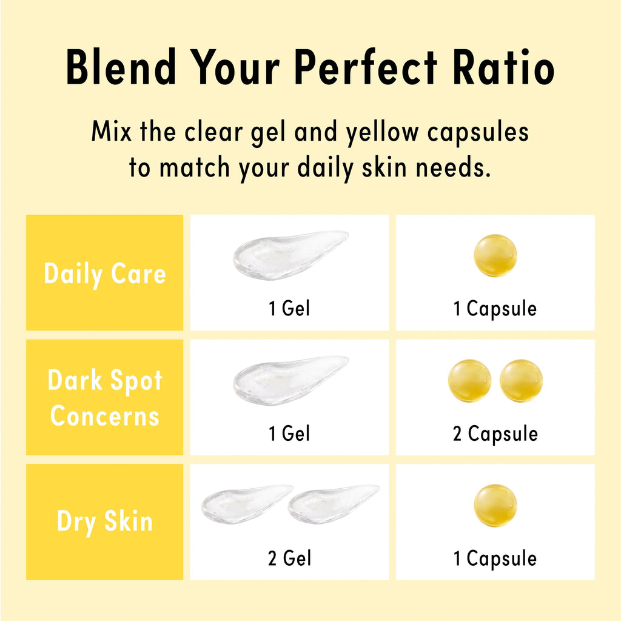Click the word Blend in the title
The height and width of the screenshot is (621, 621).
pos(121,66)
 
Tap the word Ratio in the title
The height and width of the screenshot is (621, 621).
pos(503,66)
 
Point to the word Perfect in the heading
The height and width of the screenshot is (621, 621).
pos(365,66)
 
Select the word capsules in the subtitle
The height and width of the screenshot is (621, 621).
pos(478,133)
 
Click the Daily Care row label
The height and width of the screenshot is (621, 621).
pos(104,274)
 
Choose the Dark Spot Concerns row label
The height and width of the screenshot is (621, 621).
pos(105,398)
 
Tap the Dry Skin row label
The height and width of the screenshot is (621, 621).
pos(105,522)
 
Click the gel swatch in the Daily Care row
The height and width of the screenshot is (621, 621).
pos(290,255)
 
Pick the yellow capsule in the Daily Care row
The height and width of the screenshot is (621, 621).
pos(495,255)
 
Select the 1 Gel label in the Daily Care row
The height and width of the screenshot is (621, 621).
pos(289,308)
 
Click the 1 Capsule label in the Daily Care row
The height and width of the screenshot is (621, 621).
pos(495,309)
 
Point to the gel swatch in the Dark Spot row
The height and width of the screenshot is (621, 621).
pos(290,380)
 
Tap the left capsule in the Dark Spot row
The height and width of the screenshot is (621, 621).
pos(469,381)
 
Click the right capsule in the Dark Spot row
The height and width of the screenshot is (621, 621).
pos(521,381)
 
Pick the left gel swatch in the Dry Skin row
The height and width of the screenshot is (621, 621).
pos(247,504)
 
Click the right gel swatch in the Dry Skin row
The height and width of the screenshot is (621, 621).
pos(334,504)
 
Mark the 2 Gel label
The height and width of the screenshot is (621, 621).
pos(289,558)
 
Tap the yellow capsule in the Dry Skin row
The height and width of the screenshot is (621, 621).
pos(495,506)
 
